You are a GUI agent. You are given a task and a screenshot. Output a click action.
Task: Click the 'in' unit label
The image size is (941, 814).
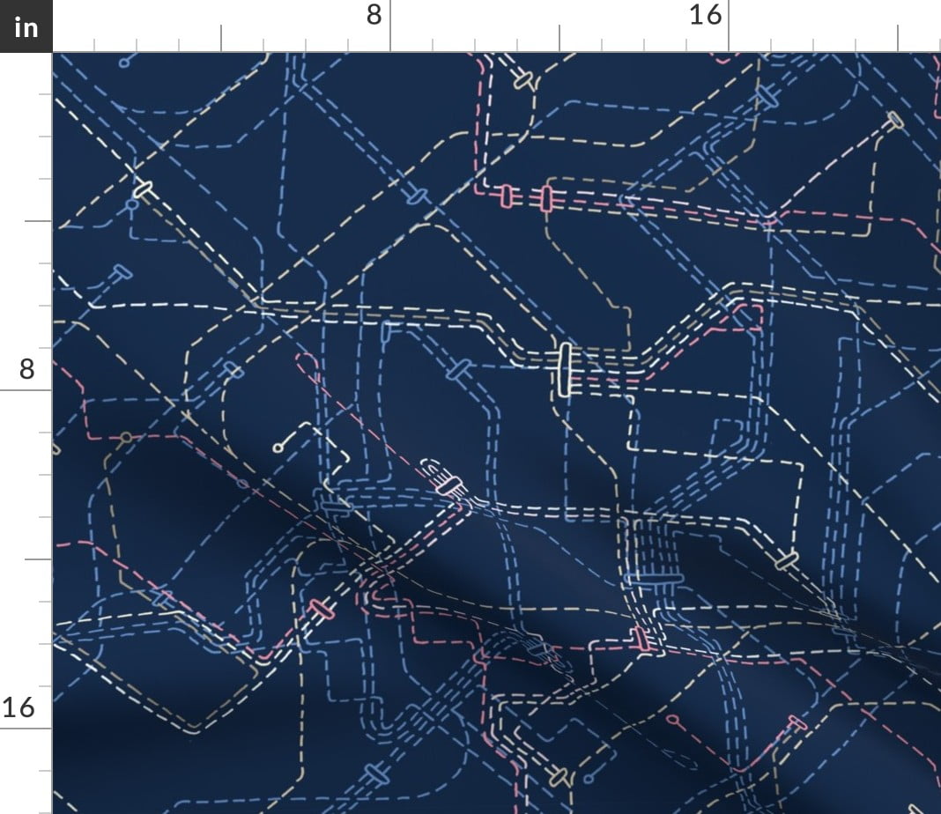coord(26,27)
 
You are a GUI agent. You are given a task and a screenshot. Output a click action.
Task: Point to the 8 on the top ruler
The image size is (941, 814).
coord(374,15)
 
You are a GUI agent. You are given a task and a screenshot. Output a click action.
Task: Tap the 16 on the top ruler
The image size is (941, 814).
coord(706,15)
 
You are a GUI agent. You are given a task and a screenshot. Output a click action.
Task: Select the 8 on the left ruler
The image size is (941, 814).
coord(26,368)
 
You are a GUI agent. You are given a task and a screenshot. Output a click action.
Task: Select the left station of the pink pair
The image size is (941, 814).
coord(507,196)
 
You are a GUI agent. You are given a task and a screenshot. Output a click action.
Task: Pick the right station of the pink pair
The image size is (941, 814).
coord(546,198)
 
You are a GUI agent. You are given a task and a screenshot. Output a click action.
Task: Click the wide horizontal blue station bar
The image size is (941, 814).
coord(654,578)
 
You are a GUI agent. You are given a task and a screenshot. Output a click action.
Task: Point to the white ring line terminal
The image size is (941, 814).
coord(278,448)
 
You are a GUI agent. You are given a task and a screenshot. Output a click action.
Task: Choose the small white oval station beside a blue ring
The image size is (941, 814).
coord(143,189)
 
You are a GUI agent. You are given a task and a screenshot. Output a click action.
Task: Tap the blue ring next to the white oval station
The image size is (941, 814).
coord(132,204)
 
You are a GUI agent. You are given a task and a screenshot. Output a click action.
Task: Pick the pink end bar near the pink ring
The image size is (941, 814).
coord(797,723)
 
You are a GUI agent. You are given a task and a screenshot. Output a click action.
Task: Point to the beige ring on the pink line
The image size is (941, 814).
coord(126,437)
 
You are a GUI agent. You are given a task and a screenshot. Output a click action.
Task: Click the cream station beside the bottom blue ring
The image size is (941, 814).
coord(557,778)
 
